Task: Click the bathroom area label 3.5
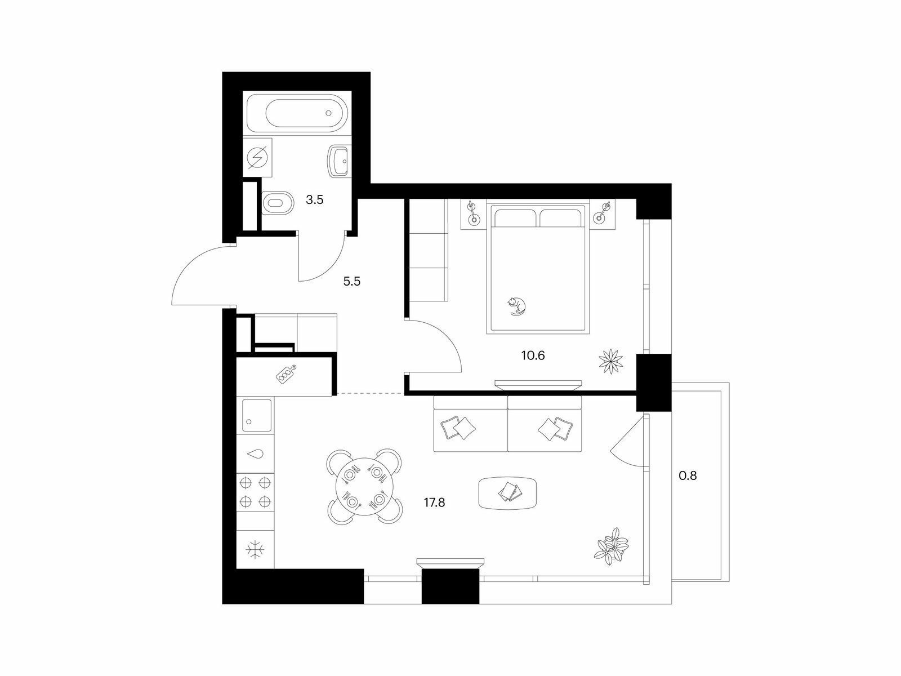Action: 314,200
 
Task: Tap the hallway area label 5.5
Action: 352,281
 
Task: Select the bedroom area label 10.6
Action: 533,355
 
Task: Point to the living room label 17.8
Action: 434,502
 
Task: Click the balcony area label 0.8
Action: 688,475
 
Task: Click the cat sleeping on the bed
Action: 516,306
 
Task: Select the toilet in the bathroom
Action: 278,202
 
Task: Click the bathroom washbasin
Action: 339,161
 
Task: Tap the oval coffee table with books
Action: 508,493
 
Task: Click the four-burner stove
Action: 255,492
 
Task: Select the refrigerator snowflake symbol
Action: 255,550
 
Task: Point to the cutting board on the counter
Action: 287,374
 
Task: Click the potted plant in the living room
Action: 611,546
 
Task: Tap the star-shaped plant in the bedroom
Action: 611,361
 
